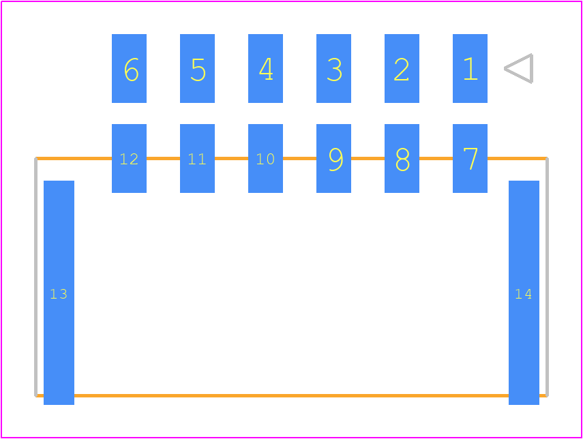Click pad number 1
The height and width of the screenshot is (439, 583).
[x=470, y=68]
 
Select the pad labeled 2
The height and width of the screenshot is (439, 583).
[x=402, y=68]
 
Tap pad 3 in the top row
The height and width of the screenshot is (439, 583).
[x=333, y=68]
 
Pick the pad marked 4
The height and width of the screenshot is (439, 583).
[x=265, y=68]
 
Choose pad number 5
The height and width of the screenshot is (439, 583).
[x=198, y=68]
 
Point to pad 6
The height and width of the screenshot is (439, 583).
[x=129, y=68]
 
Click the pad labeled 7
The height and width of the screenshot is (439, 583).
[x=470, y=158]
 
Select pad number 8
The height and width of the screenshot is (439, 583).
[x=402, y=158]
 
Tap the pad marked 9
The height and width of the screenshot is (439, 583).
[x=333, y=158]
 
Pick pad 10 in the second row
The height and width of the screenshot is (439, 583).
[x=265, y=158]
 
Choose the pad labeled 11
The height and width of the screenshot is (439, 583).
[x=198, y=158]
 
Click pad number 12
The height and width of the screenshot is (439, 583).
[x=129, y=158]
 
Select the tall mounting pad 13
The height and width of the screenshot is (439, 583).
[x=59, y=292]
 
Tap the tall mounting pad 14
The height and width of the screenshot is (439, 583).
[x=524, y=292]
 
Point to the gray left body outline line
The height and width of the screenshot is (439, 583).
[x=35, y=277]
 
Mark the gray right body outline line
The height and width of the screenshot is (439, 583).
[x=548, y=277]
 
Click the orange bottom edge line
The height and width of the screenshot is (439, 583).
[x=292, y=395]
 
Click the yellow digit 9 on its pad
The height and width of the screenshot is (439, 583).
[x=335, y=160]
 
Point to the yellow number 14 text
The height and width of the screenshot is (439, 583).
[x=524, y=294]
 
